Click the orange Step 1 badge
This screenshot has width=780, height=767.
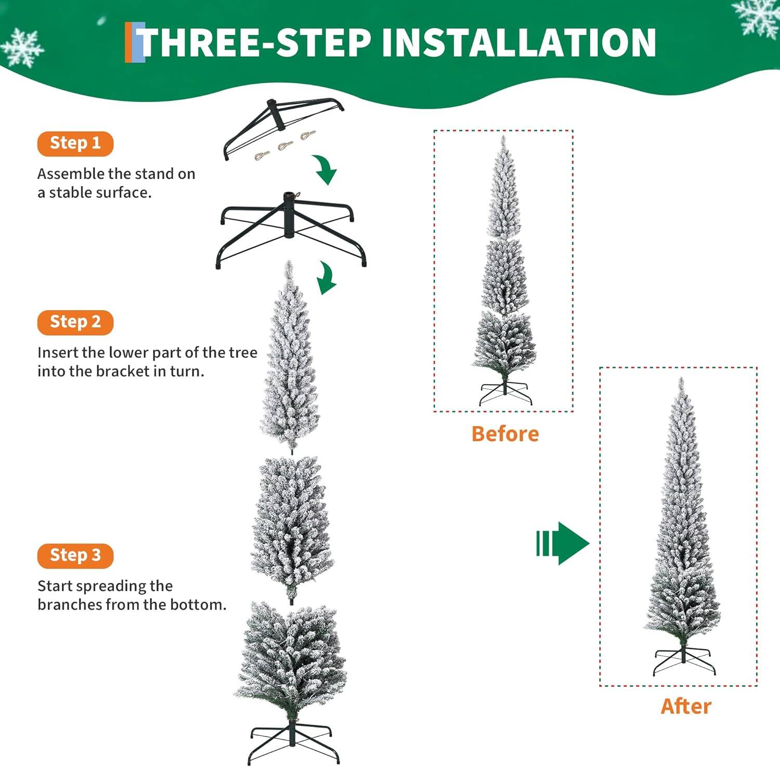click(75, 143)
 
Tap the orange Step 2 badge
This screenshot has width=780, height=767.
click(75, 322)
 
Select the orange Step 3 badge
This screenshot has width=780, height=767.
click(75, 555)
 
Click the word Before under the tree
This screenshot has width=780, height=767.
click(504, 434)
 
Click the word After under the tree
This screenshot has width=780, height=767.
click(685, 706)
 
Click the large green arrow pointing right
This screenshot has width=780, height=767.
click(563, 543)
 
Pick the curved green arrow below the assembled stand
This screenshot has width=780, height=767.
click(327, 278)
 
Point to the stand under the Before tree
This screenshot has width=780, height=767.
click(505, 393)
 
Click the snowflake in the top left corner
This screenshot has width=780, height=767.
click(22, 48)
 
